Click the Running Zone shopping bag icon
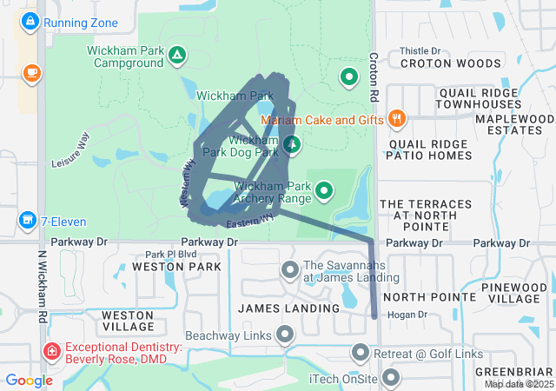30,19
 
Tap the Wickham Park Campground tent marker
177,56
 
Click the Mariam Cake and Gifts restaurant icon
396,119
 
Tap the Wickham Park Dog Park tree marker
292,143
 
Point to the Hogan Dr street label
404,315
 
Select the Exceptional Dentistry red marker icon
53,351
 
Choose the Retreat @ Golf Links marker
361,353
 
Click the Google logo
30,381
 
